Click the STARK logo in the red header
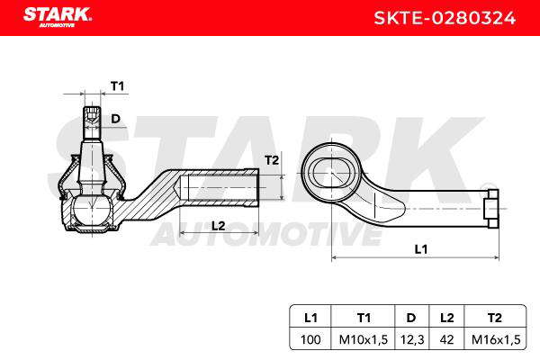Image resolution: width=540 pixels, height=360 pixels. pos(58,17)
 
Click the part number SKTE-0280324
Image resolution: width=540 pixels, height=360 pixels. pos(445,18)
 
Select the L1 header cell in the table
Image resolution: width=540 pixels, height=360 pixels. pos(310,318)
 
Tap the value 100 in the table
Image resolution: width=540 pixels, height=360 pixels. pos(310,339)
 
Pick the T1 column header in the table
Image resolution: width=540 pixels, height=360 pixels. pos(364,318)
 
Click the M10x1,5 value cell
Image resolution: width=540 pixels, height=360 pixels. pos(364,339)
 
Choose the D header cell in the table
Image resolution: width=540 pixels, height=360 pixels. pos(411,318)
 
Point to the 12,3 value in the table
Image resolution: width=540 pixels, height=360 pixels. pos(411,339)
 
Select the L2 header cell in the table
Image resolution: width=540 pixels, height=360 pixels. pos(446,318)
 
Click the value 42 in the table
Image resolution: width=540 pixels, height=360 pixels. pos(446,339)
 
